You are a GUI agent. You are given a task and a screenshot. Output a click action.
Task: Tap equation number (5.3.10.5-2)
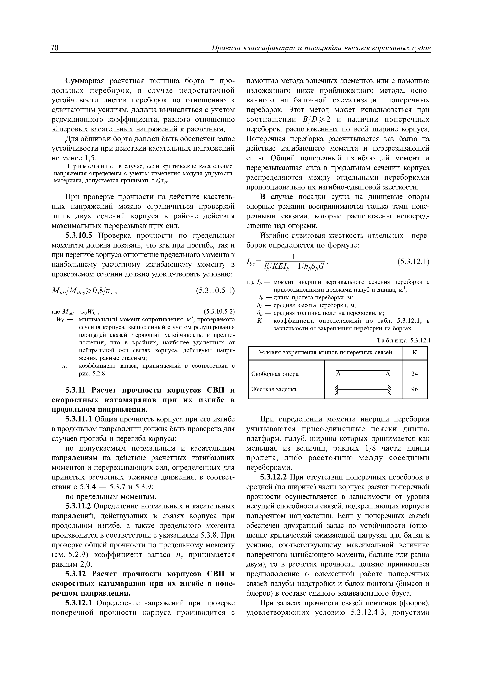pyautogui.click(x=219, y=311)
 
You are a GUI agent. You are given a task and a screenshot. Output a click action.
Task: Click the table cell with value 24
pyautogui.click(x=414, y=374)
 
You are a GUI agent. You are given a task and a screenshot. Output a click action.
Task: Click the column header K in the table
pyautogui.click(x=414, y=352)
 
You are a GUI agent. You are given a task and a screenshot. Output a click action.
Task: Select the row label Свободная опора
pyautogui.click(x=275, y=374)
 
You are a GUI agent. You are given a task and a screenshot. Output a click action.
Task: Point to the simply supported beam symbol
pyautogui.click(x=363, y=373)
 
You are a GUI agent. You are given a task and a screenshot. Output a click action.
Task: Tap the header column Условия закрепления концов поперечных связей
pyautogui.click(x=325, y=352)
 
